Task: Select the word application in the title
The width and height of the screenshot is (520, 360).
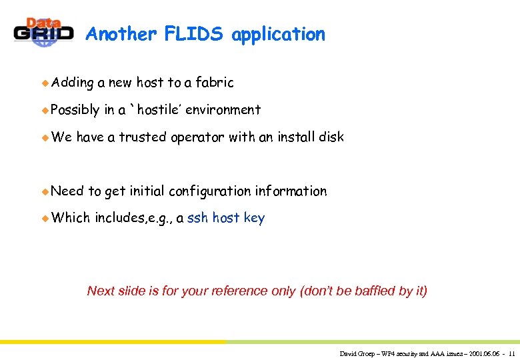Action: coord(278,35)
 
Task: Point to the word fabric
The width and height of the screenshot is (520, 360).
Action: coord(214,83)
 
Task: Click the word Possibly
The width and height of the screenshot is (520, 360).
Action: coord(75,110)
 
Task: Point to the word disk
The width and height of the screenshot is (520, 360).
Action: coord(331,137)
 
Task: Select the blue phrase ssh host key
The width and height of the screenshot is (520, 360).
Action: coord(226,218)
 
